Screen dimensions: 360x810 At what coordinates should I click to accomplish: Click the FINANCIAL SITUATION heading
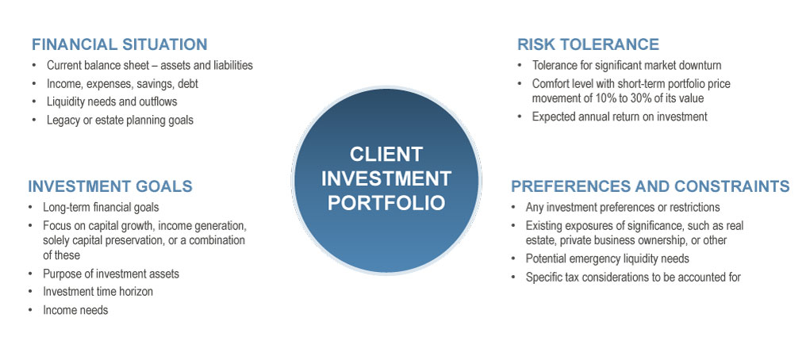[119, 44]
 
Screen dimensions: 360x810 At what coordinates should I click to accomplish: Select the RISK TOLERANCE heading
[588, 44]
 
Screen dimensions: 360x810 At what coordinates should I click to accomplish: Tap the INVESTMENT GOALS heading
[110, 186]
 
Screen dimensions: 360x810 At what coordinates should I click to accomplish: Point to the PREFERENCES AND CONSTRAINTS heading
[650, 186]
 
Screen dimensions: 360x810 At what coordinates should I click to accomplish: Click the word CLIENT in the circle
[386, 154]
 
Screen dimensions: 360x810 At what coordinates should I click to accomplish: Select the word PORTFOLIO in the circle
[386, 202]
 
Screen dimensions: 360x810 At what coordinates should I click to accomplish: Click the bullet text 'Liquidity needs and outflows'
[112, 101]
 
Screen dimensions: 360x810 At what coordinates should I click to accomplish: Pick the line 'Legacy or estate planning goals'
[120, 121]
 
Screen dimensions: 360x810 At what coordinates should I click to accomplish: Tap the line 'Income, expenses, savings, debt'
[122, 83]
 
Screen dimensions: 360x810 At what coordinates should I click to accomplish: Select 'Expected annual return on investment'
[620, 117]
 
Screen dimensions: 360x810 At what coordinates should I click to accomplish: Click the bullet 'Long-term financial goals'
[101, 207]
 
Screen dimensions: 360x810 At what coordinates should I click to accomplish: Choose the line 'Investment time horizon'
[98, 292]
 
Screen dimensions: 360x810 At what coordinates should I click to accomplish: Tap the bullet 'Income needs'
[75, 310]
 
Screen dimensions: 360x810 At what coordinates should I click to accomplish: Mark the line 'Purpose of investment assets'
[111, 274]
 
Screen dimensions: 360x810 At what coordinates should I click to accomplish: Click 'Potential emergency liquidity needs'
[607, 259]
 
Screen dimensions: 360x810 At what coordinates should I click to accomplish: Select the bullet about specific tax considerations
[633, 277]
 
